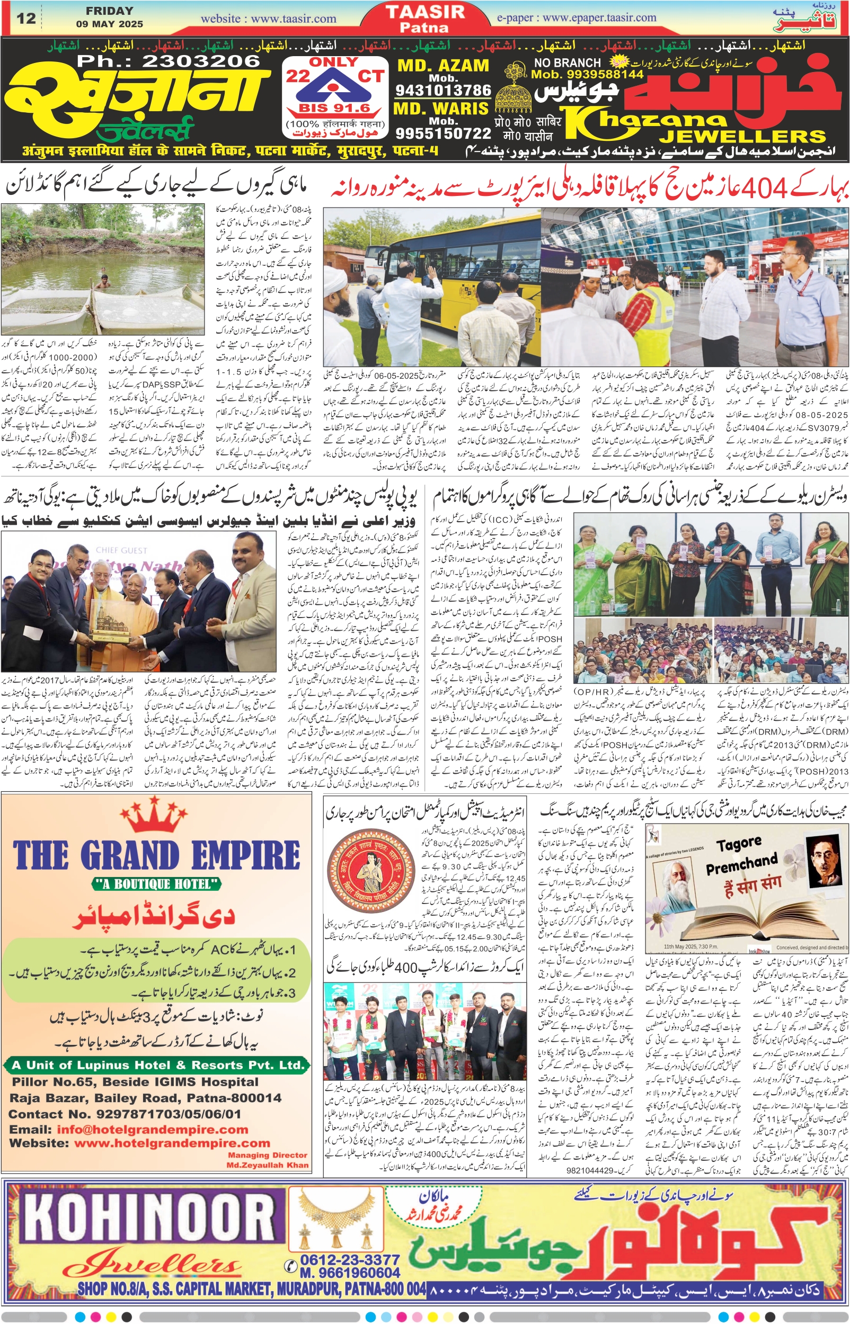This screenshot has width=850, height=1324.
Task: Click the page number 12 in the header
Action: point(26,18)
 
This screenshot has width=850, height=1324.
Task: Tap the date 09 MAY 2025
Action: point(109,24)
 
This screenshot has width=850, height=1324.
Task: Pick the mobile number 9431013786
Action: point(442,90)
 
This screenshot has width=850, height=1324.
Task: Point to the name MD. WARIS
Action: point(441,109)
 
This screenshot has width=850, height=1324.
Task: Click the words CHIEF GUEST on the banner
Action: point(121,550)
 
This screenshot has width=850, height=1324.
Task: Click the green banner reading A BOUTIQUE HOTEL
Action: point(156,883)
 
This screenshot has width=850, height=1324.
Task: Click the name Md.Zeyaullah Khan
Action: point(267,1165)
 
